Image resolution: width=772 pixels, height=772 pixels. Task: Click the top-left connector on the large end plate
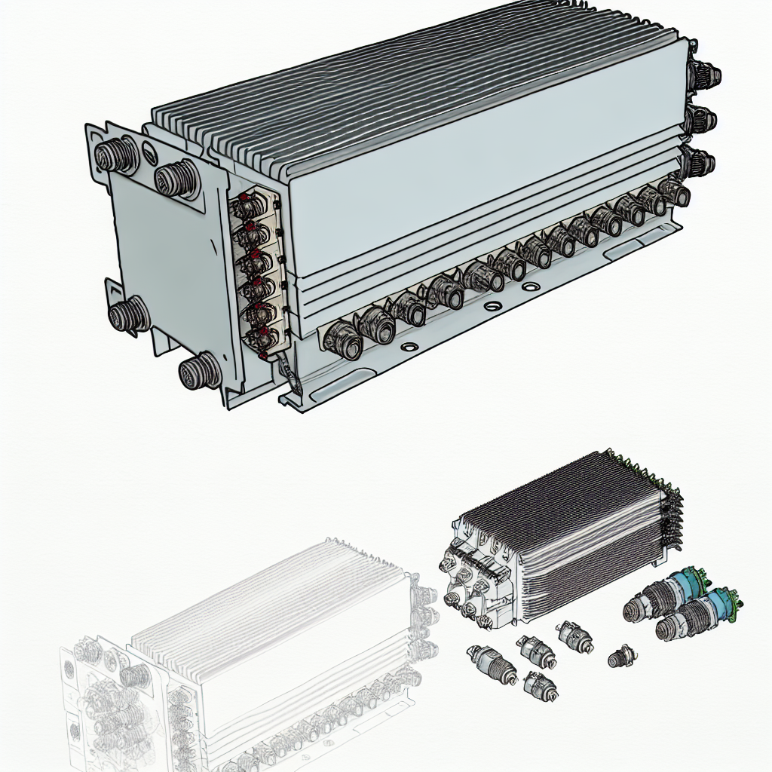[x=117, y=155]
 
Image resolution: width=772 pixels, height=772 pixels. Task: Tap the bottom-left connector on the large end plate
[x=129, y=313]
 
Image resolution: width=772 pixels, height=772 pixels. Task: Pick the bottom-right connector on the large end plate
[x=200, y=370]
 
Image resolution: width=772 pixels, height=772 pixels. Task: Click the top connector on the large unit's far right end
[x=705, y=76]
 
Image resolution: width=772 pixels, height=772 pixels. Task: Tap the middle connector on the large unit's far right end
[x=700, y=118]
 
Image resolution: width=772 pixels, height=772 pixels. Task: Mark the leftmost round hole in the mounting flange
[x=409, y=348]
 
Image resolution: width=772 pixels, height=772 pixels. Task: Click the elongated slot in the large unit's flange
[x=623, y=247]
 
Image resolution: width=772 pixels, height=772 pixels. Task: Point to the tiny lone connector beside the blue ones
[x=620, y=656]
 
